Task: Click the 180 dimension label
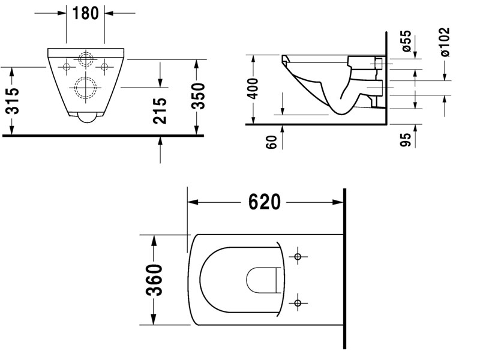85,13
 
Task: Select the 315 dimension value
13,101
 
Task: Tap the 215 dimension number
160,110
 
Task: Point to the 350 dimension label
198,96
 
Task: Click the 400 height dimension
253,88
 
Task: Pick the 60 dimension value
271,142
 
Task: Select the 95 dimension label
406,140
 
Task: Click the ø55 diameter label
406,41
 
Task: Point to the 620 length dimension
264,202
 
